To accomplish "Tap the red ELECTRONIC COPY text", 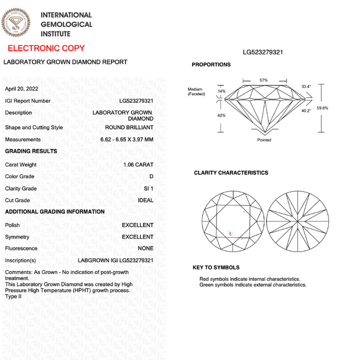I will point(46,48).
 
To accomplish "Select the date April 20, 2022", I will point(21,88).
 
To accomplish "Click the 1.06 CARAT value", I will point(138,164).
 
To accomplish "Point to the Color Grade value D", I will point(151,176).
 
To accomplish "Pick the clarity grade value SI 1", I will point(148,188).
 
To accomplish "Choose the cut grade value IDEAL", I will point(145,200).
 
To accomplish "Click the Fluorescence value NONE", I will point(145,248).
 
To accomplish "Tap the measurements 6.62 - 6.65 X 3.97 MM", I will point(127,140).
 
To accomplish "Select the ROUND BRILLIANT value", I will point(129,127).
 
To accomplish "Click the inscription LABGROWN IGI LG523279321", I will point(116,260).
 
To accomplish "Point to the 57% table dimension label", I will point(263,80).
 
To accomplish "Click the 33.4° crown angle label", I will point(306,86).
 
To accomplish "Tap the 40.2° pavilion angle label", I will point(306,111).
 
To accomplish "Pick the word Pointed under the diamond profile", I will point(264,140).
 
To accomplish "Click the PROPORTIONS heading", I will point(211,64).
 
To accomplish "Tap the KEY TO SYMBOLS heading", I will point(216,268).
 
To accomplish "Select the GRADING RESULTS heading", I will point(31,151).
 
